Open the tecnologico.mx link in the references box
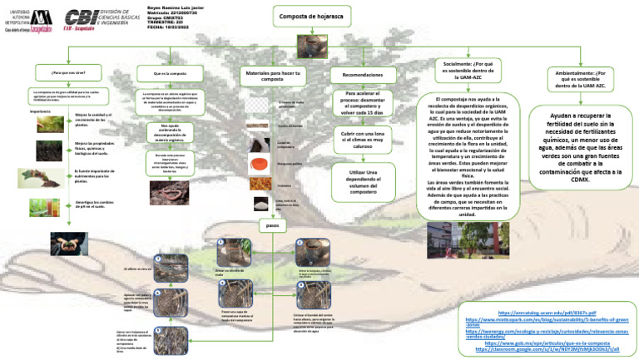click(546, 331)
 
